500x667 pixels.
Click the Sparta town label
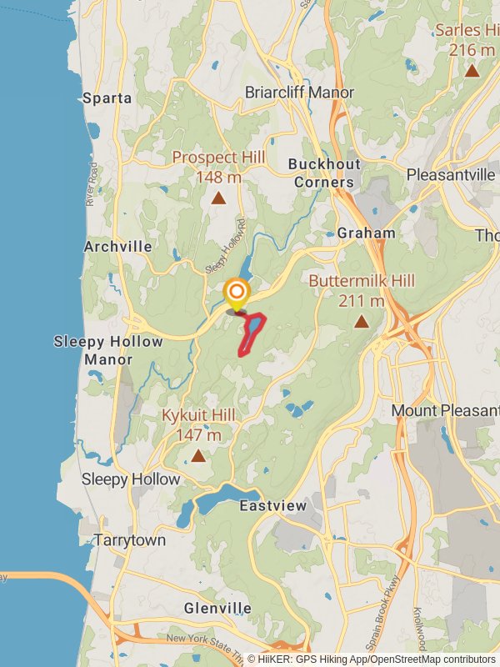tap(107, 98)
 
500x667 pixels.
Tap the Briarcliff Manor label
tap(299, 93)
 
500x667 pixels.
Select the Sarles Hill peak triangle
tap(472, 71)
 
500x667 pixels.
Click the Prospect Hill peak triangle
tap(218, 198)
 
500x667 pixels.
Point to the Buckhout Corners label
tap(322, 173)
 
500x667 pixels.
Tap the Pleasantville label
tap(451, 175)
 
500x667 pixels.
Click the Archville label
tap(118, 247)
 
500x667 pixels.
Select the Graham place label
tap(366, 233)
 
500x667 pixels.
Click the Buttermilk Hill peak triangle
tap(362, 321)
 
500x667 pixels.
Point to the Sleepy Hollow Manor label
tap(108, 351)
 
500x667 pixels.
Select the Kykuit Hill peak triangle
tap(198, 456)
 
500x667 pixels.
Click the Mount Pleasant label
tap(437, 411)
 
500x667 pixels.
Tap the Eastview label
tap(272, 506)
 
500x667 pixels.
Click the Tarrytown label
tap(129, 540)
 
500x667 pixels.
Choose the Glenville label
tap(217, 608)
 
